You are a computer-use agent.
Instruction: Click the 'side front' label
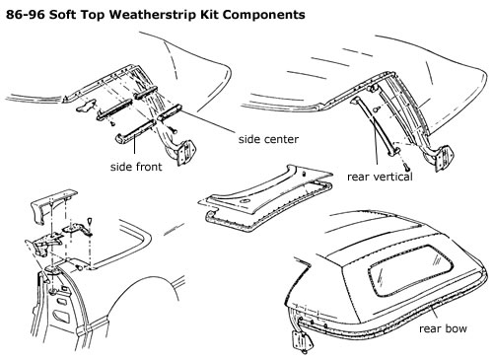click(x=136, y=167)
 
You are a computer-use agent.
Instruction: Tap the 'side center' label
click(x=268, y=139)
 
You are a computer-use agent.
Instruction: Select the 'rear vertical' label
click(x=380, y=177)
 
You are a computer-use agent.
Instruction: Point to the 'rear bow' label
click(x=443, y=328)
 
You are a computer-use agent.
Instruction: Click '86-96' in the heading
click(x=26, y=15)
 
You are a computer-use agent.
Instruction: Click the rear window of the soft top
click(x=410, y=270)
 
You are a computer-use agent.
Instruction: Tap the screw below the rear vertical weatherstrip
click(x=406, y=167)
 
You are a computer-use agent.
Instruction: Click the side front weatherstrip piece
click(x=135, y=131)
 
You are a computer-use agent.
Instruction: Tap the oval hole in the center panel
click(x=244, y=201)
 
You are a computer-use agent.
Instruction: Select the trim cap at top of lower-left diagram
click(x=52, y=205)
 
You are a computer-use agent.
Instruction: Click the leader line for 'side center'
click(x=210, y=121)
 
